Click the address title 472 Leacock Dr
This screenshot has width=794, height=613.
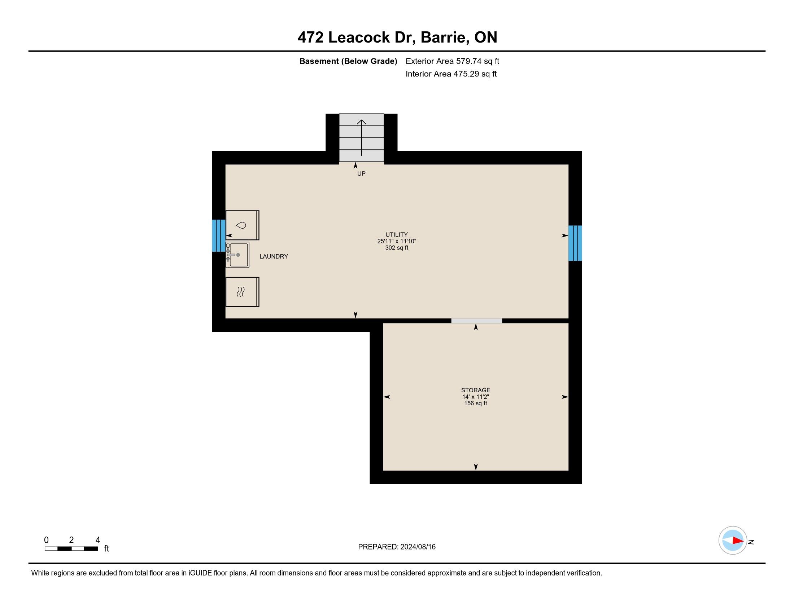point(356,37)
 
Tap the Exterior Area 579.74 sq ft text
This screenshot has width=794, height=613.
point(452,61)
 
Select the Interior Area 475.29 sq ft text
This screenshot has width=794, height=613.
point(451,74)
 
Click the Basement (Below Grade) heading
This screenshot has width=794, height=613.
point(348,61)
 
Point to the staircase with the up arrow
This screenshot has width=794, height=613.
point(361,138)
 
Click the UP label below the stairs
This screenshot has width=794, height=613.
point(361,173)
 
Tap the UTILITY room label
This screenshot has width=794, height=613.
point(397,235)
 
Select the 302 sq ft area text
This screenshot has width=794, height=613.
point(397,248)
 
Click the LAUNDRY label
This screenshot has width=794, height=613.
point(274,256)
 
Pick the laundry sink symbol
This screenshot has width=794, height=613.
point(237,255)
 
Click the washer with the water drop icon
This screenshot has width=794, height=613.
point(242,225)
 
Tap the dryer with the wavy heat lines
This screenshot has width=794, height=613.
point(242,292)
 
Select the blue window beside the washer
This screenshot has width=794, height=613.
point(218,236)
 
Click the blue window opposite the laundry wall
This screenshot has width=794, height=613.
point(575,243)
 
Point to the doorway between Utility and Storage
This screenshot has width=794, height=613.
point(477,321)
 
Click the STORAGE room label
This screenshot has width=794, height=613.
point(476,390)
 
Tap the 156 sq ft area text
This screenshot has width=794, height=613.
point(476,403)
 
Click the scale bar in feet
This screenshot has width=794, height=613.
point(71,548)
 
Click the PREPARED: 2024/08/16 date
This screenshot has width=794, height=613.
point(397,547)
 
